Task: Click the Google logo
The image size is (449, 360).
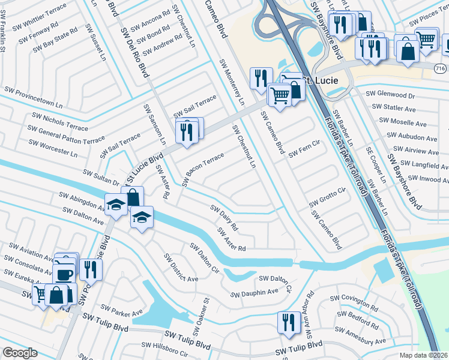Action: (x=20, y=353)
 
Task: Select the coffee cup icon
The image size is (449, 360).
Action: (x=65, y=274)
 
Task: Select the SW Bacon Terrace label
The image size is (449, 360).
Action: (x=203, y=169)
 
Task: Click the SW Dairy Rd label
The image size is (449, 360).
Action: (x=224, y=218)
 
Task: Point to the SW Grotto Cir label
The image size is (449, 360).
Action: (x=328, y=197)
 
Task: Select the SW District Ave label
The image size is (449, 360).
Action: (x=181, y=267)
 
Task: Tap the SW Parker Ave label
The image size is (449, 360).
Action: (x=122, y=310)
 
